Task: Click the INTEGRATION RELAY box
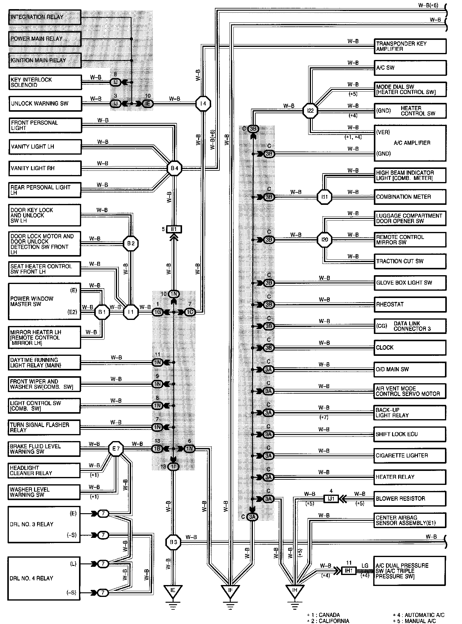pos(45,17)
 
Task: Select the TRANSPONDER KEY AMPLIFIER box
pos(410,46)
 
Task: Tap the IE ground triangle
pos(173,590)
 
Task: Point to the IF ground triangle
pos(230,590)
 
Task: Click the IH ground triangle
pos(294,590)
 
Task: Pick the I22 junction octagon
pos(310,111)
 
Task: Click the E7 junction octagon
pos(116,449)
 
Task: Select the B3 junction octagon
pos(173,542)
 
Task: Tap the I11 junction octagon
pos(324,197)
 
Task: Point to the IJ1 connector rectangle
pos(331,499)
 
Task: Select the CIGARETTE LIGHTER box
pos(410,456)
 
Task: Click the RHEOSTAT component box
pos(410,304)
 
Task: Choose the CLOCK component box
pos(410,348)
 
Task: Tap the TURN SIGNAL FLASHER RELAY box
pos(45,427)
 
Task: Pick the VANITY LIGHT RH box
pos(45,168)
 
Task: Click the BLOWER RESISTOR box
pos(410,499)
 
